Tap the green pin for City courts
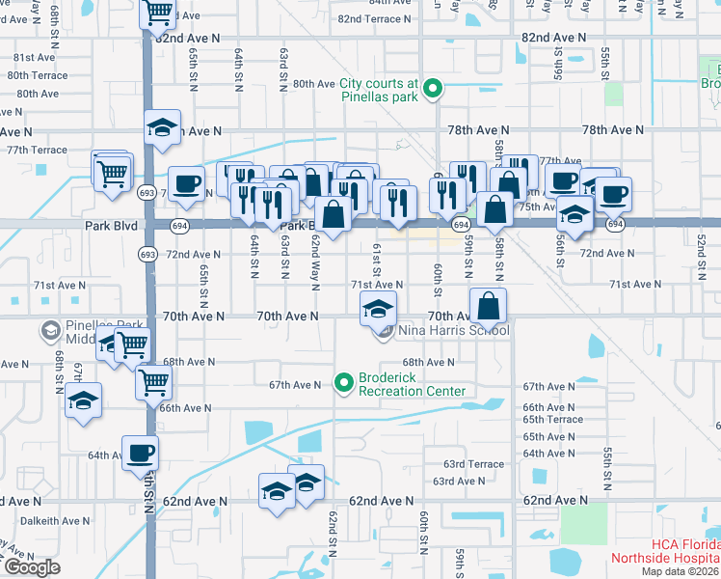point(433,91)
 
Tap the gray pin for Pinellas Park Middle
point(49,332)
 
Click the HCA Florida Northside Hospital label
point(664,551)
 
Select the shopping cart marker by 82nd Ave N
point(158,14)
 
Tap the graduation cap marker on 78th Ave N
point(163,128)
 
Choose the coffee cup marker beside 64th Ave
point(140,453)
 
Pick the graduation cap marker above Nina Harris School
point(378,311)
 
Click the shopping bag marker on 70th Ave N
point(490,306)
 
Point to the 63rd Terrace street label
point(474,464)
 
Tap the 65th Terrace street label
point(552,420)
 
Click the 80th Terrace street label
point(38,75)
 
